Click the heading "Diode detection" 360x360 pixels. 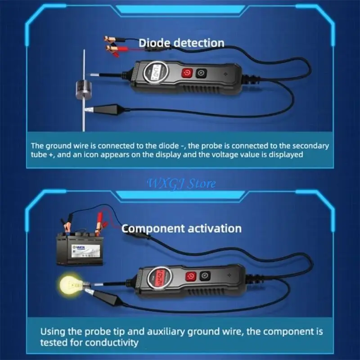[x=181, y=43]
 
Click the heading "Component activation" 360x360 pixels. [x=181, y=228]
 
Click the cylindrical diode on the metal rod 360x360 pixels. [x=83, y=90]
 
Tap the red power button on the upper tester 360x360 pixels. [x=186, y=73]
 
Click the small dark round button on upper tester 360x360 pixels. [x=201, y=73]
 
